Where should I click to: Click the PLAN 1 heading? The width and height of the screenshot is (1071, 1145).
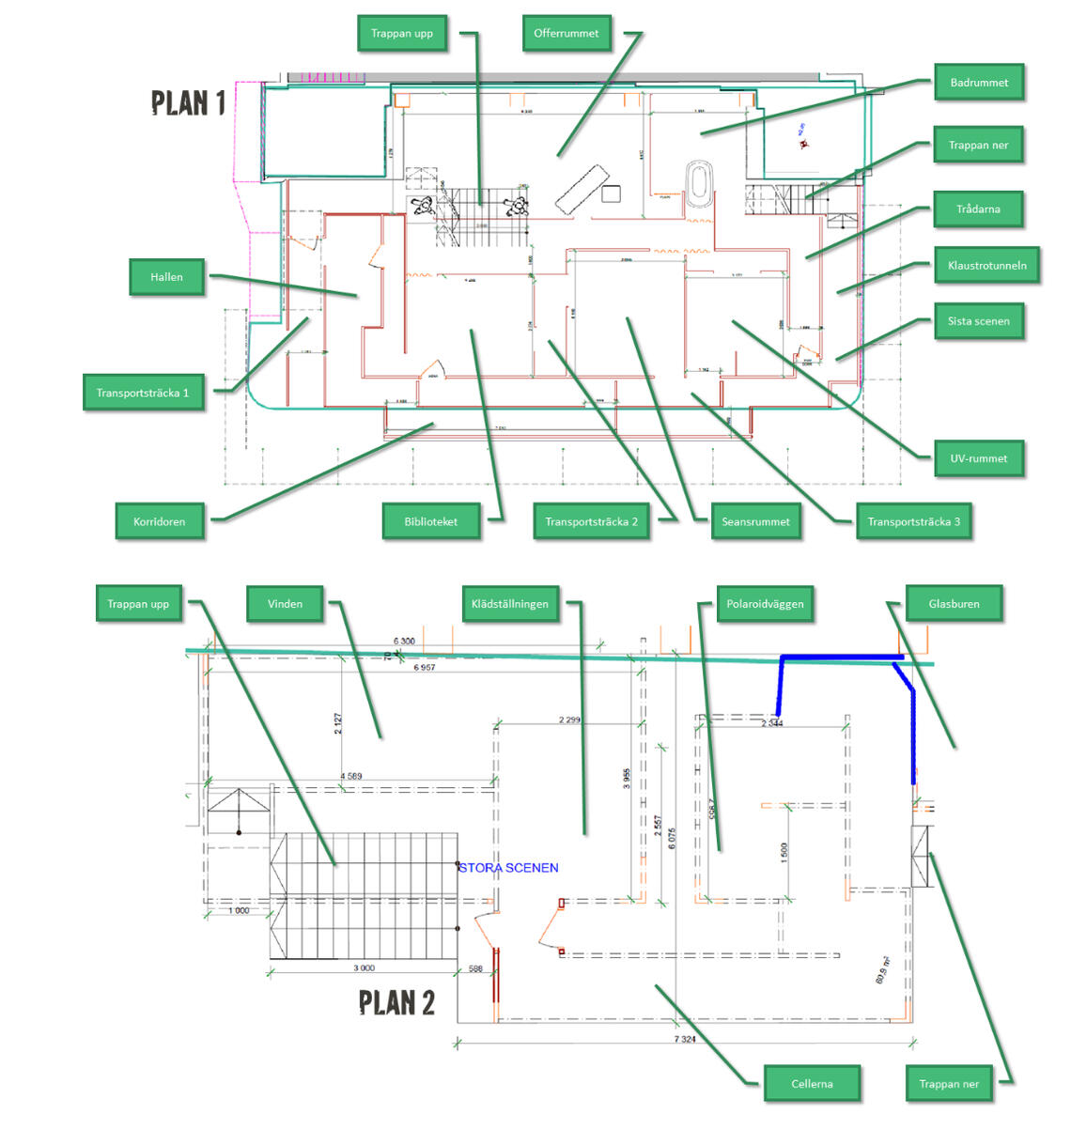[189, 102]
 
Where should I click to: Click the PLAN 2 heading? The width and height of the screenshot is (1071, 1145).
[396, 1003]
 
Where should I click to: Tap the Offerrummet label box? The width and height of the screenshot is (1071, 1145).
[566, 34]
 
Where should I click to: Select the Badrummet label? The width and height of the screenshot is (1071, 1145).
[978, 83]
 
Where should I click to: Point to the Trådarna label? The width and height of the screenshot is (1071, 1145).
[977, 209]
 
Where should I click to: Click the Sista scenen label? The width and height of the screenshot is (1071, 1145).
[978, 321]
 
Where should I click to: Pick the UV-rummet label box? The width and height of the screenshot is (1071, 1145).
[978, 458]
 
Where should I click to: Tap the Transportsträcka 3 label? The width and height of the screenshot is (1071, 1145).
[913, 521]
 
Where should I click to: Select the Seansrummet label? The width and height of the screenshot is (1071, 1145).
[755, 521]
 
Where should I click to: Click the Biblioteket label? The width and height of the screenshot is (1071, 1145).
[431, 521]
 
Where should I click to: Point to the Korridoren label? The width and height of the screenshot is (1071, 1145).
[160, 521]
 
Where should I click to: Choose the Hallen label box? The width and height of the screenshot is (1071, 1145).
[166, 277]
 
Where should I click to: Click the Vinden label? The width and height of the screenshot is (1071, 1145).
[285, 604]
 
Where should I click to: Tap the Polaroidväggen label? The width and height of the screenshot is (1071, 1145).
[765, 604]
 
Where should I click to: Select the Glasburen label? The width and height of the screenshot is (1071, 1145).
[954, 604]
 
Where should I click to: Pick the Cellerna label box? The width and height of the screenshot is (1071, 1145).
[812, 1083]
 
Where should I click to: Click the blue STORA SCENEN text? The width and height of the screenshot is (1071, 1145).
[508, 868]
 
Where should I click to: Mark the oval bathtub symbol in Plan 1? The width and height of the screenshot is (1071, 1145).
[697, 183]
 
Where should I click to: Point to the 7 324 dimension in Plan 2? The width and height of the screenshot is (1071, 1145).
[685, 1039]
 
